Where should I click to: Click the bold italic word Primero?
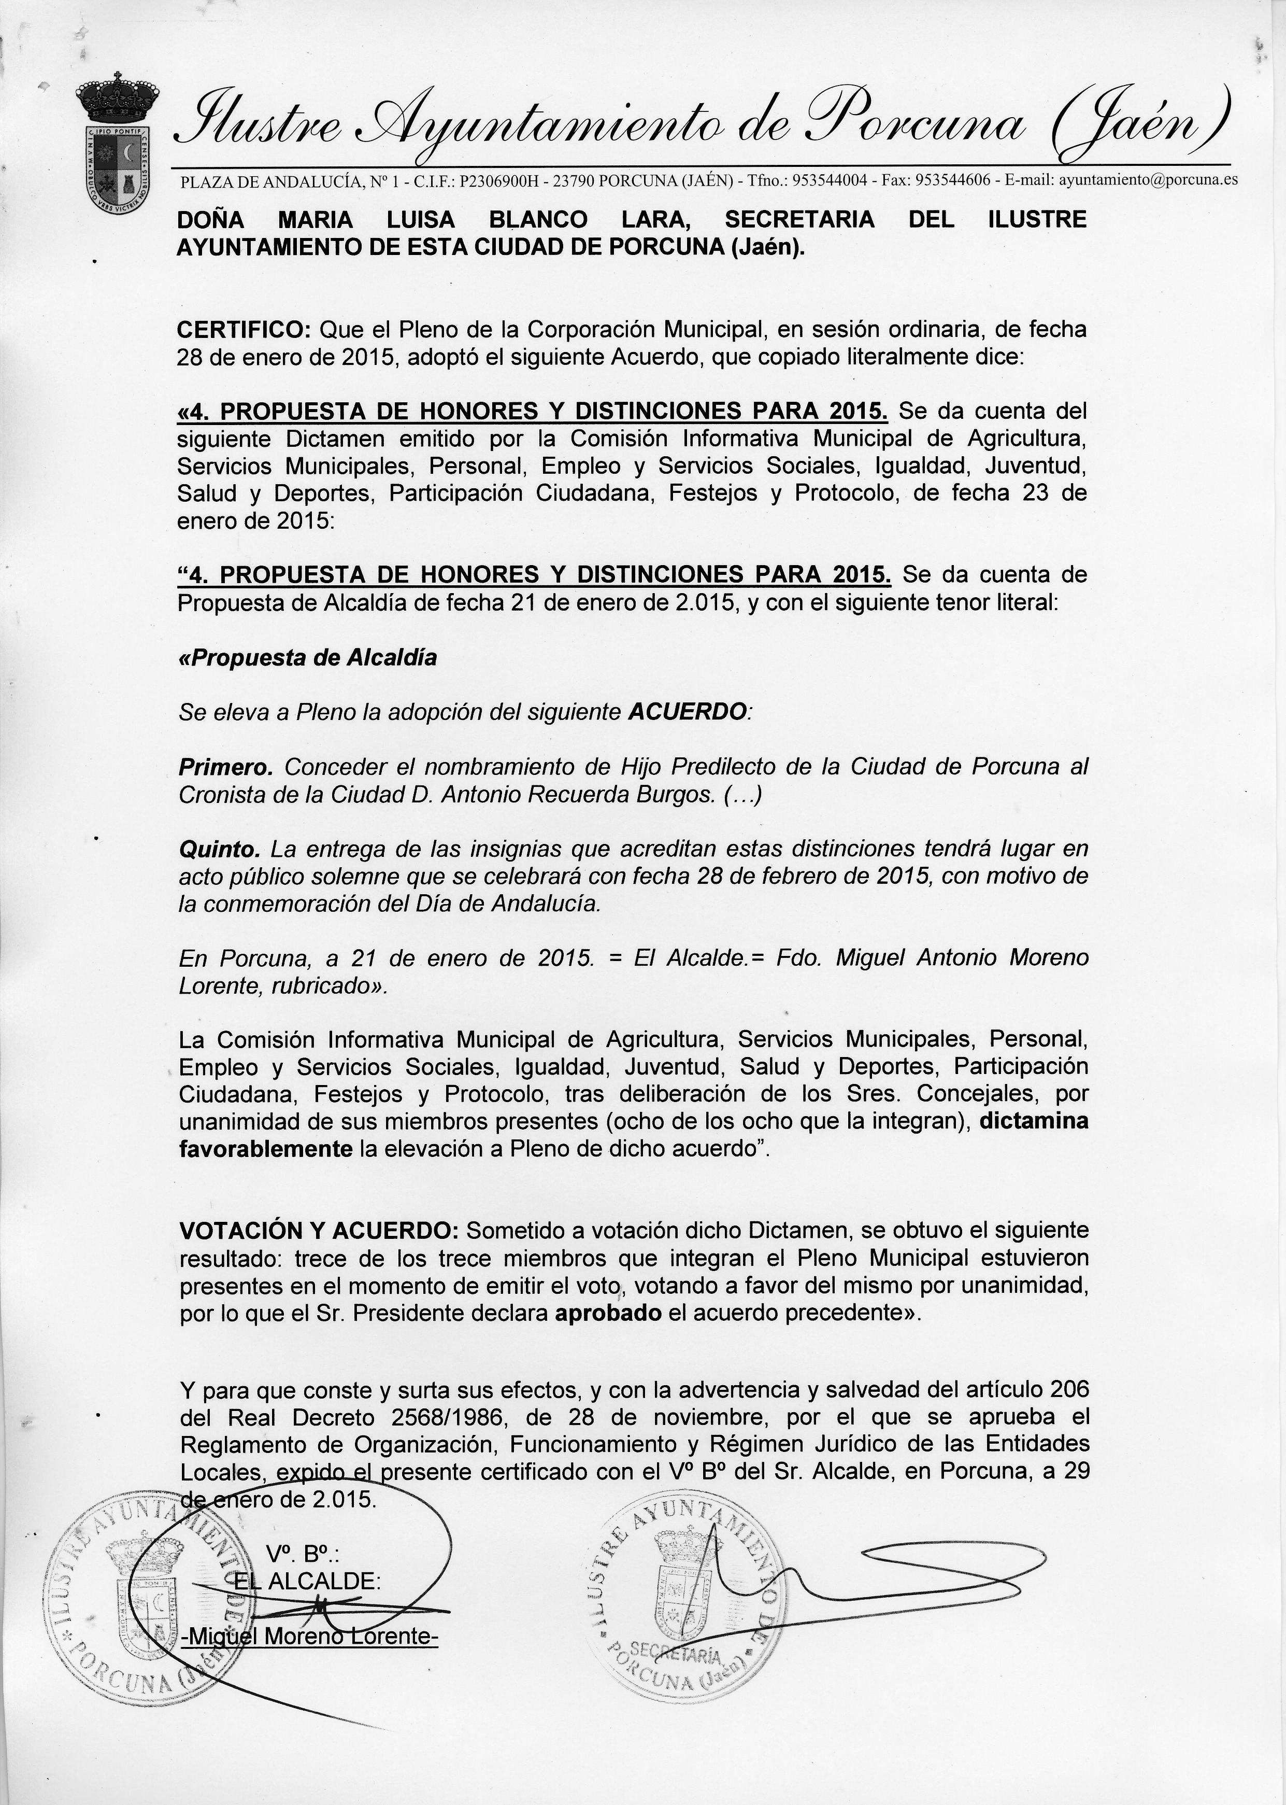tap(226, 767)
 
